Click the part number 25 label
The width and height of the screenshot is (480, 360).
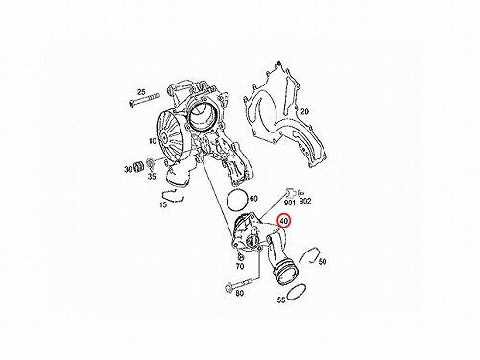141,93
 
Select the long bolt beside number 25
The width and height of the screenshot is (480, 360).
145,100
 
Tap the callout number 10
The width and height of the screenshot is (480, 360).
153,141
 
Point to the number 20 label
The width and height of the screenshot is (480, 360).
304,111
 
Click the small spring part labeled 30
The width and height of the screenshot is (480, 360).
138,166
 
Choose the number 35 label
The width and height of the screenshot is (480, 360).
152,176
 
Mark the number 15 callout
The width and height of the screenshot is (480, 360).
163,204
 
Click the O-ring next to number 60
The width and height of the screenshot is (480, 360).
237,201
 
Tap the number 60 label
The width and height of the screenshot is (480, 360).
253,199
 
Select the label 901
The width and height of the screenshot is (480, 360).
290,203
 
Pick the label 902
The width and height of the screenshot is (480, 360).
305,201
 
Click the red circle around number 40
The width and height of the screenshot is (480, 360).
283,221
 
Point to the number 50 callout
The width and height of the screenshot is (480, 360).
323,262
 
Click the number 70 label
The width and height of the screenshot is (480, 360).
240,266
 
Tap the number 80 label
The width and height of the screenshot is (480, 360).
239,293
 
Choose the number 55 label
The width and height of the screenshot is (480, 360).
281,300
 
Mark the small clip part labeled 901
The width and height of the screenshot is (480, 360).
290,193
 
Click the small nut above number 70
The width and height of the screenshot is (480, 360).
241,257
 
